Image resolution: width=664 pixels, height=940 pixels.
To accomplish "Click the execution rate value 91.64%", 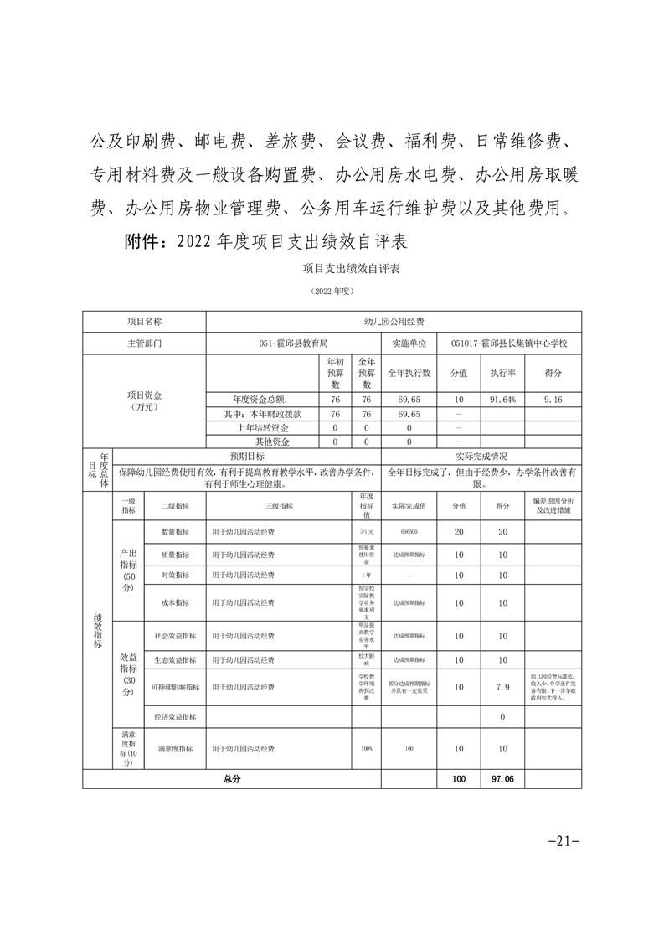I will click(502, 400).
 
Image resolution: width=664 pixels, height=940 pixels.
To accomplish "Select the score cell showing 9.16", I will click(552, 400).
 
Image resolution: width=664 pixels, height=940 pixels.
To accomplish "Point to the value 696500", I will click(409, 531).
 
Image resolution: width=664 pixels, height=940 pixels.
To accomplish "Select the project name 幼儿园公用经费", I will click(394, 321).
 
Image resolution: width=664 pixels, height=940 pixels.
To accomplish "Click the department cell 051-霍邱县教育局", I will click(293, 343).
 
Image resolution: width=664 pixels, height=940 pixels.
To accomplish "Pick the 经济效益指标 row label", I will click(175, 717).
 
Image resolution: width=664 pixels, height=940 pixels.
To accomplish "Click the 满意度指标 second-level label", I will click(175, 748).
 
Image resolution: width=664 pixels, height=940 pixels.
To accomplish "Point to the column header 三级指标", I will click(279, 506).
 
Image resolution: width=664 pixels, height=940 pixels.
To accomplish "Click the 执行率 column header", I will click(502, 372).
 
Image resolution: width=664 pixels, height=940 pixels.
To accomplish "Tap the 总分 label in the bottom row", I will click(231, 779).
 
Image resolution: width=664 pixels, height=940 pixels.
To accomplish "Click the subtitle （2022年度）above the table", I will click(332, 291).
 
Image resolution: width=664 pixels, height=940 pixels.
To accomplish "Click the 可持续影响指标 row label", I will click(175, 687).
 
